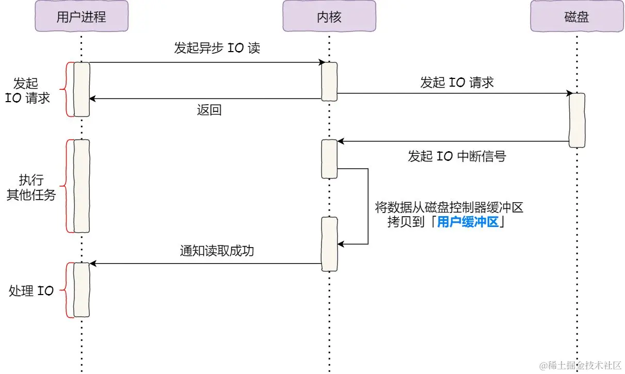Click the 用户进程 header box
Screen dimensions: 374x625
pyautogui.click(x=81, y=17)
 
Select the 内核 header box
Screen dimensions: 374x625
pyautogui.click(x=329, y=17)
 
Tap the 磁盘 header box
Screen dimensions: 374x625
pyautogui.click(x=576, y=17)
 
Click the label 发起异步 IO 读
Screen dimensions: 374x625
pyautogui.click(x=217, y=48)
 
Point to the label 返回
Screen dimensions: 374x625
pyautogui.click(x=209, y=110)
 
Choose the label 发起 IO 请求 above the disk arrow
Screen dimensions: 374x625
pyautogui.click(x=457, y=83)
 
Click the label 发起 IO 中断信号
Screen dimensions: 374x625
pyautogui.click(x=457, y=156)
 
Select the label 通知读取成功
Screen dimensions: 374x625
pyautogui.click(x=217, y=251)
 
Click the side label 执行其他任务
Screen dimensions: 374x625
pyautogui.click(x=31, y=188)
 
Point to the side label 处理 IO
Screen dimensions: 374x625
pyautogui.click(x=31, y=291)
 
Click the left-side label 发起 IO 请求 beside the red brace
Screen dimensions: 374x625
pyautogui.click(x=28, y=91)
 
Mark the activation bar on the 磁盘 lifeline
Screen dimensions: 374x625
pyautogui.click(x=577, y=120)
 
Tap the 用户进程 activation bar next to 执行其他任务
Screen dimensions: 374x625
pyautogui.click(x=82, y=186)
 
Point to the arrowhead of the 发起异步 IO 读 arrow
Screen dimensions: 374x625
pyautogui.click(x=321, y=62)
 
